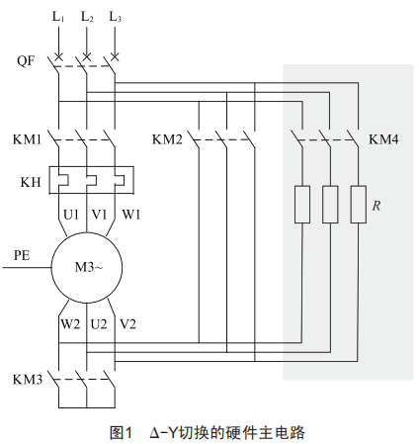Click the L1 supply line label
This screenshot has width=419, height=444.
(58, 17)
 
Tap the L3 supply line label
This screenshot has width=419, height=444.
(115, 17)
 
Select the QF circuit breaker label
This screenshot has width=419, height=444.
(26, 61)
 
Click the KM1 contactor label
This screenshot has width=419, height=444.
(27, 139)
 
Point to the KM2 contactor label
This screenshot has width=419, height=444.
(167, 139)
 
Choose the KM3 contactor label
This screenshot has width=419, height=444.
(28, 380)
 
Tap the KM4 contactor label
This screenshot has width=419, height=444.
(383, 139)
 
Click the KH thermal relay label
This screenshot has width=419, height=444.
(31, 182)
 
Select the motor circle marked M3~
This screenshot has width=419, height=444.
(87, 267)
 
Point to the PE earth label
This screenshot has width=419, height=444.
(22, 255)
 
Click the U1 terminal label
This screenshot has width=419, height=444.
(71, 215)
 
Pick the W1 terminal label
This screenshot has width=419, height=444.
(131, 215)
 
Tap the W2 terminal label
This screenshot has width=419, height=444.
(70, 324)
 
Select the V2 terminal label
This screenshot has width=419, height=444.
(127, 324)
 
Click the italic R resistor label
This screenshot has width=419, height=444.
(377, 206)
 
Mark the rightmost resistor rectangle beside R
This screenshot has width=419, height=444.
(358, 205)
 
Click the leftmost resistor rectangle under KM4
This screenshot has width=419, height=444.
(302, 205)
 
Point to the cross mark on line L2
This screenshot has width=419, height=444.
(87, 57)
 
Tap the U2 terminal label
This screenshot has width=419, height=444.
(99, 324)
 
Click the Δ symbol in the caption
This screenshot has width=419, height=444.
(154, 433)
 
